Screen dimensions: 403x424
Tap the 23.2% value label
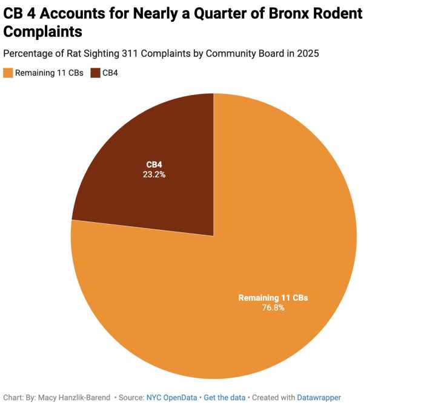(154, 174)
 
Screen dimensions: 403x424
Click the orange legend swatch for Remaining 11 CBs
(8, 73)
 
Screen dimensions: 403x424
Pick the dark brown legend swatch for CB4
(96, 73)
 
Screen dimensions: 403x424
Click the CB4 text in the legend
(110, 73)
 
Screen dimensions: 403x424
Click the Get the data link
(224, 398)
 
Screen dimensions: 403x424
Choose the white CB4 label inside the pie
(154, 165)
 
